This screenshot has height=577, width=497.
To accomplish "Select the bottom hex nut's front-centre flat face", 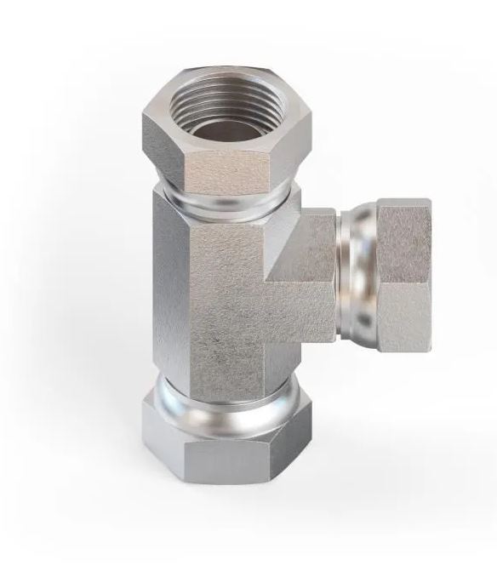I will tap(238, 464).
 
